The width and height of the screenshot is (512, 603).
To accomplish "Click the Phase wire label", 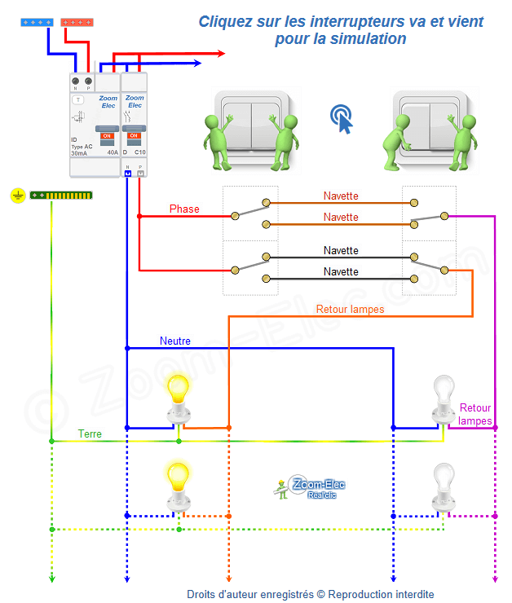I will pyautogui.click(x=184, y=209).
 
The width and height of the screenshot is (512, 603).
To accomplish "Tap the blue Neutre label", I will pyautogui.click(x=175, y=341).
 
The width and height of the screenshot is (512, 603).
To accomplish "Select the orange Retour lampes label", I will pyautogui.click(x=350, y=310).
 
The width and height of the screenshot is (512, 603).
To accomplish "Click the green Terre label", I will pyautogui.click(x=90, y=434).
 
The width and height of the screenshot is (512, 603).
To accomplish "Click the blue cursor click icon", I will pyautogui.click(x=343, y=119).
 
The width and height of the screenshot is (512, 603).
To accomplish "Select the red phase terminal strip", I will pyautogui.click(x=77, y=22).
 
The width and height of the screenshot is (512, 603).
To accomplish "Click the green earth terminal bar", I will pyautogui.click(x=61, y=196).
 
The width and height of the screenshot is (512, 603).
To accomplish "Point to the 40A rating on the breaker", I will pyautogui.click(x=112, y=152).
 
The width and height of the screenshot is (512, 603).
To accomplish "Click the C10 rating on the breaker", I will pyautogui.click(x=139, y=152).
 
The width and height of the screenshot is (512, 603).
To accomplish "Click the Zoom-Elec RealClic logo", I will pyautogui.click(x=310, y=488).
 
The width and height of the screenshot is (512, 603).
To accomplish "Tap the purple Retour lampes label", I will pyautogui.click(x=475, y=414).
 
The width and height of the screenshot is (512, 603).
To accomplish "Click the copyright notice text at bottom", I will pyautogui.click(x=310, y=594).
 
